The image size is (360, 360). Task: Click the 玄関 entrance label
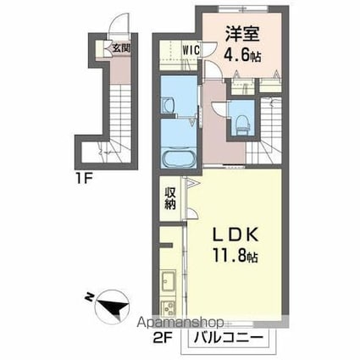[120, 47]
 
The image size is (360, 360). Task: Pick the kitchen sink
[169, 283]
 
